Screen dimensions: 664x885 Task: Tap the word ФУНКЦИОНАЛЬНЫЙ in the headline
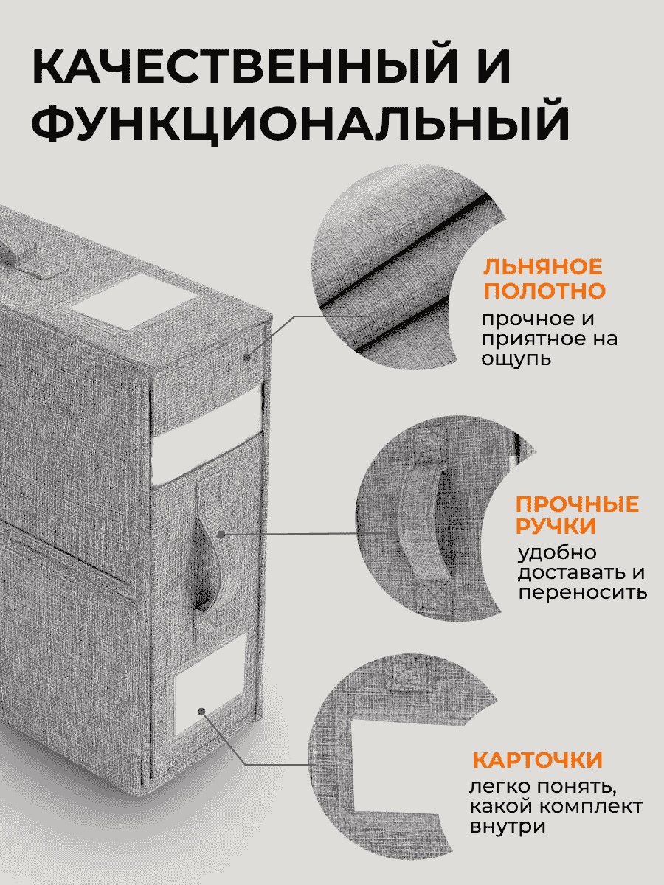[x=300, y=119]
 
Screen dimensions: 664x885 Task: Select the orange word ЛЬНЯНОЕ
[x=543, y=266]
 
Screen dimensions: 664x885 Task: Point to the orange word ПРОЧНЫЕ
[x=578, y=504]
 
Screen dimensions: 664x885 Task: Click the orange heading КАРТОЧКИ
[x=537, y=760]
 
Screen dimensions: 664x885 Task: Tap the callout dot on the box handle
[x=221, y=535]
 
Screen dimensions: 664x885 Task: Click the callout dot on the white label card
[x=202, y=712]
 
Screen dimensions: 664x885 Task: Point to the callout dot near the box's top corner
[x=246, y=357]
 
